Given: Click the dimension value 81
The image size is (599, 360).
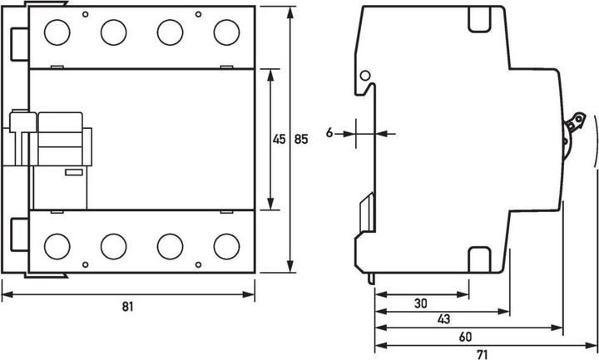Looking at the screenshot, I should pyautogui.click(x=127, y=306).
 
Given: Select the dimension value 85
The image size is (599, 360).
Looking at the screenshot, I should pyautogui.click(x=301, y=140).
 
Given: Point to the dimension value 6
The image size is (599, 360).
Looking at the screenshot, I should pyautogui.click(x=330, y=132).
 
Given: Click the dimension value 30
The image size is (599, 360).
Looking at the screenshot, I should pyautogui.click(x=422, y=303).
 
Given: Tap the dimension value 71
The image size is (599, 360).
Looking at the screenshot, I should pyautogui.click(x=483, y=353).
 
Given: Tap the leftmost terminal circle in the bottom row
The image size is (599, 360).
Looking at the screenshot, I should pyautogui.click(x=57, y=245).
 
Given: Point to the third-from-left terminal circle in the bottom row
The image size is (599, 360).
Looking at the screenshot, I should pyautogui.click(x=170, y=245).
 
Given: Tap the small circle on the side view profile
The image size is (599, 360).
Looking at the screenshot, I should pyautogui.click(x=365, y=76).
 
